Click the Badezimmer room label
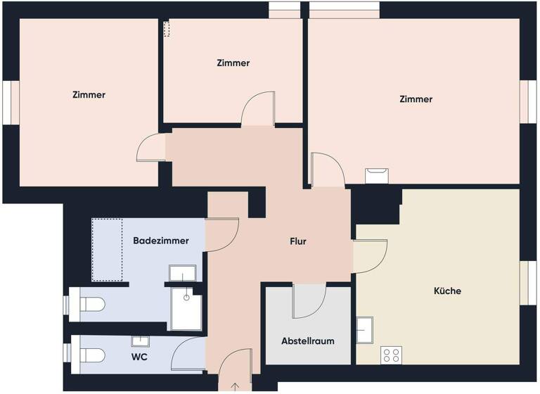coord(161,241)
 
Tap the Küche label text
coord(447,291)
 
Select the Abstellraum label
coord(307,341)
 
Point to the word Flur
coord(298,242)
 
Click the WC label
coord(139,357)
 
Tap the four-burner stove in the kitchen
coord(391,355)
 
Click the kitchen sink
coord(364,329)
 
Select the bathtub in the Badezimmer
coord(107,250)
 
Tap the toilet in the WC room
coord(92,354)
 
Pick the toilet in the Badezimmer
coord(92,305)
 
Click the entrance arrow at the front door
coord(235,386)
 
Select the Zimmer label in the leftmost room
coord(89,95)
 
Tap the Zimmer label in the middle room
coord(233,63)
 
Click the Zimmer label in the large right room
coord(416,100)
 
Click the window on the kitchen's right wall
coord(523,283)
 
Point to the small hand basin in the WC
coord(141,341)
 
